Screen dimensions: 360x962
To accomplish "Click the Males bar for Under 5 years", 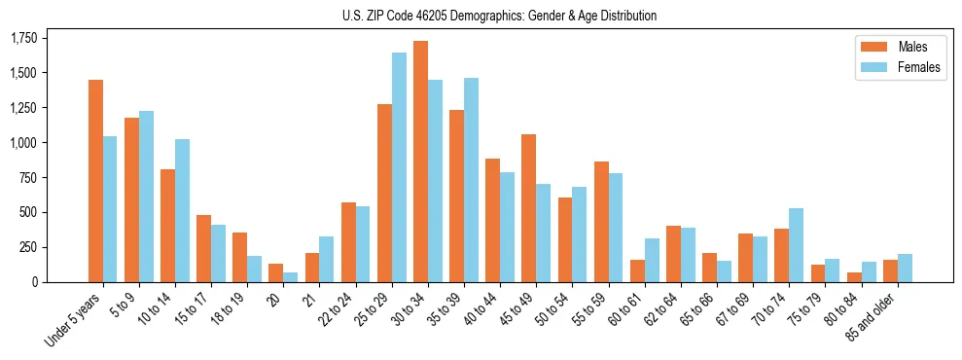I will point(95,181).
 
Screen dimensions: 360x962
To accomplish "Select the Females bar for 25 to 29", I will point(399,167).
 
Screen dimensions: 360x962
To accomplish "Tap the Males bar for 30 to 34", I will point(420,162).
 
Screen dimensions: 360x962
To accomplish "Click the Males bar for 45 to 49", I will point(528,208).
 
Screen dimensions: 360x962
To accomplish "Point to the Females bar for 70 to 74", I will point(796,245).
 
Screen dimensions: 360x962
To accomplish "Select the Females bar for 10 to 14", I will point(182,210).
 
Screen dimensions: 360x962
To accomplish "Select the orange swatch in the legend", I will point(869,47).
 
